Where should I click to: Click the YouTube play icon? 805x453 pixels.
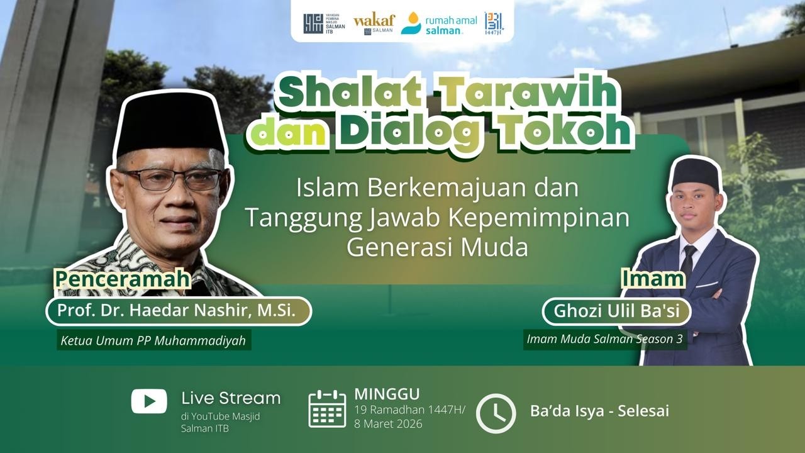coord(149,401)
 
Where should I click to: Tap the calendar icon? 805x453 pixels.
coord(327,408)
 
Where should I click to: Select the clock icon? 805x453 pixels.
coord(496,413)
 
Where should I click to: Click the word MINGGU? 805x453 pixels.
coord(387,394)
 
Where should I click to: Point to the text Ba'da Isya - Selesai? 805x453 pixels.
coord(599,411)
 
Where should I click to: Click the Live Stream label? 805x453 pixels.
coord(231,398)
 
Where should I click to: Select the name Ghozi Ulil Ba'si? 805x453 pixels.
coord(616,311)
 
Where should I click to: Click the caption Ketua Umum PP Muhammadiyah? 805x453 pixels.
coord(153,341)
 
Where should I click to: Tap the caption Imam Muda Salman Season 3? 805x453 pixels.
coord(606,338)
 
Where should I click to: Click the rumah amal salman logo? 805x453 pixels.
coord(440,24)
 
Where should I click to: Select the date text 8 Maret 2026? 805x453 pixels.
coord(388,423)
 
